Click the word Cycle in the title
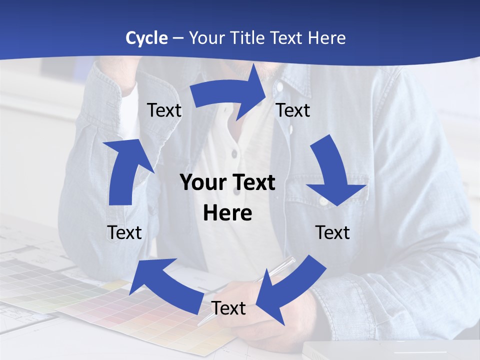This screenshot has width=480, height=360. (146, 38)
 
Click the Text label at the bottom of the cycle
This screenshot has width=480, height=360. (228, 308)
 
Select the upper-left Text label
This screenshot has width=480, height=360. (164, 110)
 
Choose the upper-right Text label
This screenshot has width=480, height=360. (293, 110)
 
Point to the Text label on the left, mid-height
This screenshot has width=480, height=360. (124, 232)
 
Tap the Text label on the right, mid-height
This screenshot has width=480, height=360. (332, 232)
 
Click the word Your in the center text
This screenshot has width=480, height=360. (200, 182)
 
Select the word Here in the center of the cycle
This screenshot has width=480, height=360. (227, 213)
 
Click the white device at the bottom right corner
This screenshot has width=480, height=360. (390, 350)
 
